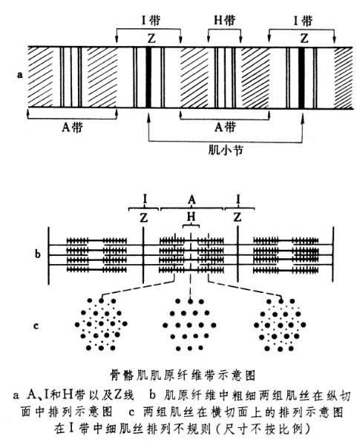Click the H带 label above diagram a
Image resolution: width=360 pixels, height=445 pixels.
(x=224, y=21)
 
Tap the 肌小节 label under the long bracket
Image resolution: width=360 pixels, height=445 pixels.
(x=226, y=150)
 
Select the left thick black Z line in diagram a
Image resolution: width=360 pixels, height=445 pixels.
(x=148, y=77)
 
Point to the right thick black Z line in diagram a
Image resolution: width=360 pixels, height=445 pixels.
(x=301, y=77)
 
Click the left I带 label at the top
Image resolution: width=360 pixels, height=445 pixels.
(x=151, y=21)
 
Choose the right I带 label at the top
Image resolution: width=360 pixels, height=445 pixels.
(x=303, y=21)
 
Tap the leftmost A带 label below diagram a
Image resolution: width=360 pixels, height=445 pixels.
(x=72, y=128)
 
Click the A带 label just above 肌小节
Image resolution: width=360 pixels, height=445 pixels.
(x=225, y=127)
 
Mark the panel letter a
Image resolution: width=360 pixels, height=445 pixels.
(x=19, y=75)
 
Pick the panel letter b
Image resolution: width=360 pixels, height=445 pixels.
(x=38, y=254)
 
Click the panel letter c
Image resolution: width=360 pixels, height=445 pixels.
(x=36, y=326)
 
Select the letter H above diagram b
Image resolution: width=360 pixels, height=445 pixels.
(x=192, y=217)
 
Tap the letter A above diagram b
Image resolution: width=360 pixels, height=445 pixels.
(x=192, y=200)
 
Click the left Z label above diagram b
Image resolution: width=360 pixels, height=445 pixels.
(x=144, y=217)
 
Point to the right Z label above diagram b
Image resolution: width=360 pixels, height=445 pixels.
(x=238, y=217)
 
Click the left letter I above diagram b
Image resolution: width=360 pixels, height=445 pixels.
(x=145, y=200)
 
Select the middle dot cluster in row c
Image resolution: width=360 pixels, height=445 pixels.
(x=189, y=324)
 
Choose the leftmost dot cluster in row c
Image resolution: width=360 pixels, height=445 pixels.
(x=101, y=324)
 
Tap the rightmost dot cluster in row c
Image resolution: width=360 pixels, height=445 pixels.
(x=280, y=325)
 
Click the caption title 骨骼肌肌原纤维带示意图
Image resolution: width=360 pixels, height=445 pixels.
(x=183, y=375)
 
